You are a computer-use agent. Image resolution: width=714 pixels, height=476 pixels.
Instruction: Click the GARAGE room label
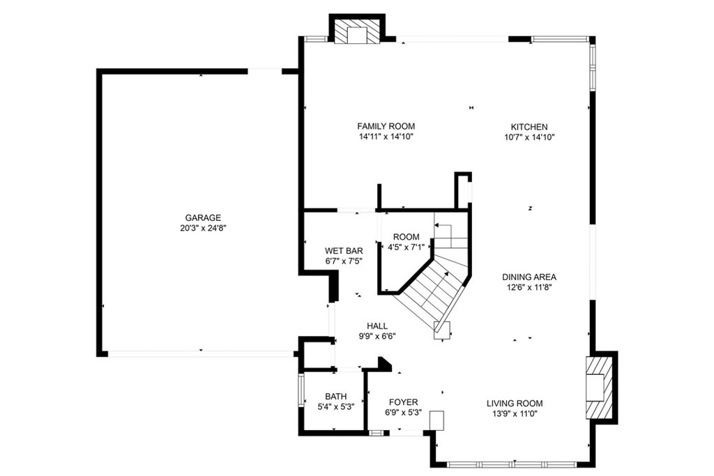203,217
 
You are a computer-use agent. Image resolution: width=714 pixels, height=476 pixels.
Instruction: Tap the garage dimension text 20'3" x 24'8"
203,228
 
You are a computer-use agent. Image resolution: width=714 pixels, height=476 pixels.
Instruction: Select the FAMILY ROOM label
386,126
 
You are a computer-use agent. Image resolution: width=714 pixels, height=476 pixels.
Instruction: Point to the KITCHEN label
529,127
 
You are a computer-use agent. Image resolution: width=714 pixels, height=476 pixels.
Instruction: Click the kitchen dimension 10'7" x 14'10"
529,137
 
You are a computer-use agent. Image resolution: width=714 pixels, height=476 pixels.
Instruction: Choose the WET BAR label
344,251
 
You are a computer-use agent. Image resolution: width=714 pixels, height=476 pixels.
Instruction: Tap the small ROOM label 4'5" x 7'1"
406,237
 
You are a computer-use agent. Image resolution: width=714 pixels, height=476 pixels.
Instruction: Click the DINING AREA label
532,277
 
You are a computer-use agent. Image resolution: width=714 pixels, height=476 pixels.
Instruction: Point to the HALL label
377,325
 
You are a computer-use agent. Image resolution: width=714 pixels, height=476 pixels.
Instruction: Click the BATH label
335,397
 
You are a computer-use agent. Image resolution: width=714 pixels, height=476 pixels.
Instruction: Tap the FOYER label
403,402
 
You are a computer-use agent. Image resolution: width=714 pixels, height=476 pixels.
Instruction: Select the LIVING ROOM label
514,403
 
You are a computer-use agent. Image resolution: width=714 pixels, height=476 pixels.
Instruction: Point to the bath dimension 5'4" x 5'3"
335,407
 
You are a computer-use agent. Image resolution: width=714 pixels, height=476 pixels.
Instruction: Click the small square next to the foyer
436,420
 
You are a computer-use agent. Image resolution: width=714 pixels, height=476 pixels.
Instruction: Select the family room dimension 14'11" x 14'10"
386,137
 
